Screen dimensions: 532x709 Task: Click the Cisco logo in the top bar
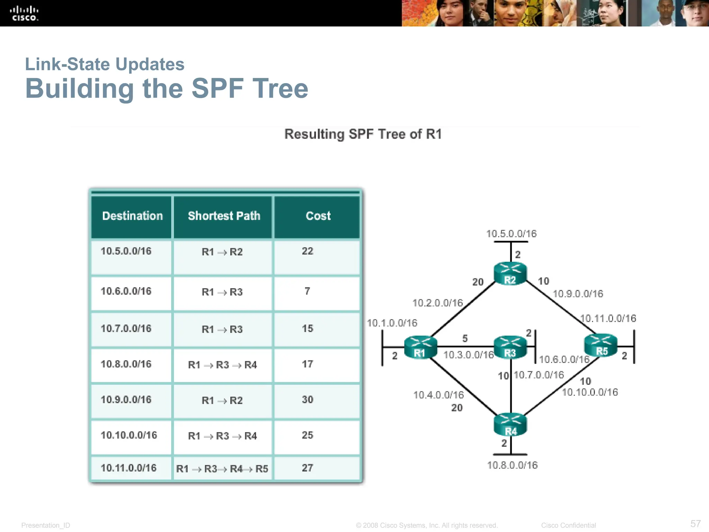point(24,14)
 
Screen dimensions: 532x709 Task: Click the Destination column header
point(132,216)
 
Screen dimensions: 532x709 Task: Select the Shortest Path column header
point(224,216)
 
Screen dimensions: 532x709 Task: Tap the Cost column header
point(318,216)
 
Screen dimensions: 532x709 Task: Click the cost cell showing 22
point(307,251)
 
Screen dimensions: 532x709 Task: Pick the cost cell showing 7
point(307,291)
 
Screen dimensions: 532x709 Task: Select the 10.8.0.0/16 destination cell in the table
point(126,364)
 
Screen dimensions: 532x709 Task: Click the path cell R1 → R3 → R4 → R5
point(222,469)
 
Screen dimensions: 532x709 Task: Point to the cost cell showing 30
point(307,400)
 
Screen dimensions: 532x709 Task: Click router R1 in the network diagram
point(420,347)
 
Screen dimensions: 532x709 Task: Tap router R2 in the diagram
point(510,274)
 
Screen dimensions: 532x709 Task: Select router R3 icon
point(510,347)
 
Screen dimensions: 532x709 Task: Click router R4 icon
point(510,424)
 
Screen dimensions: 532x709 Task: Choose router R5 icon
point(601,345)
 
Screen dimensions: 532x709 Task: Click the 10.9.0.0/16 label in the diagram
point(578,294)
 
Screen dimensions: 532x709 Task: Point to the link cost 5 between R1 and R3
point(465,338)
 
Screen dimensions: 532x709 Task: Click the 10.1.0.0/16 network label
point(392,323)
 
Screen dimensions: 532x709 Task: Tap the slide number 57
point(695,523)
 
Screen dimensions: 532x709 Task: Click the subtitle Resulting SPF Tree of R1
point(363,134)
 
